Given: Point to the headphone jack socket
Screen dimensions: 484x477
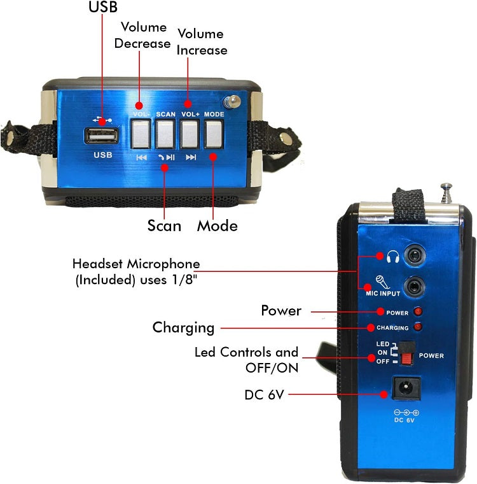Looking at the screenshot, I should (x=415, y=256).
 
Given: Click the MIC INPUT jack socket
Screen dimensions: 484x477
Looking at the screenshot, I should (x=415, y=287).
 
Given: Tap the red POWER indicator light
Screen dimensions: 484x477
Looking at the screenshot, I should (x=418, y=312).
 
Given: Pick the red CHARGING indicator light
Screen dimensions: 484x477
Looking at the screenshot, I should (x=418, y=327).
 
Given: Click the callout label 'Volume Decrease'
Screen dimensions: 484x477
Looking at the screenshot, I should (x=145, y=35).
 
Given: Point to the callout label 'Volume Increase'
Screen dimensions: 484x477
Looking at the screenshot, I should (x=202, y=41).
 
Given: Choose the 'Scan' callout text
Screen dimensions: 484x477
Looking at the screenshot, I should (x=164, y=225).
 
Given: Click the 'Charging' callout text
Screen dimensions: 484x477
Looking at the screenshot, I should (x=183, y=327).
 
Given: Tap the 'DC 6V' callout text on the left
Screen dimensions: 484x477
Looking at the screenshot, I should (x=264, y=395).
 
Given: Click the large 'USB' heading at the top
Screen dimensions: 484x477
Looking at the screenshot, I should (x=102, y=8).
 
